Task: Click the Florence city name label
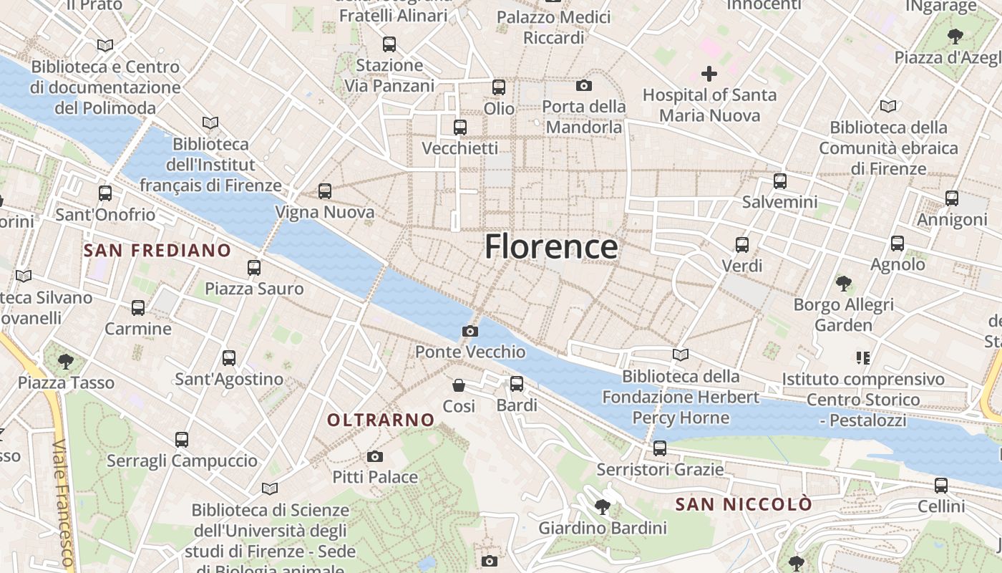coord(551,247)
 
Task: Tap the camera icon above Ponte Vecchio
coord(470,331)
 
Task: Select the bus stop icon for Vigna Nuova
coord(325,191)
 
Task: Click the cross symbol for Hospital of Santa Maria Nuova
coord(709,74)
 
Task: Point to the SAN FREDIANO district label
coord(157,251)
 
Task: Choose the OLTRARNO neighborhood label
coord(381,420)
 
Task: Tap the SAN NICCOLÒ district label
coord(744,504)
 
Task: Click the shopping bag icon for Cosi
coord(459,385)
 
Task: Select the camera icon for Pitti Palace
coord(374,456)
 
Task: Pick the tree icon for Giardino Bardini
coord(602,507)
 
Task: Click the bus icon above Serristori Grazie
coord(660,448)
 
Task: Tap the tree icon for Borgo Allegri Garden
coord(844,284)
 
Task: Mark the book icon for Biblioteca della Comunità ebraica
coord(888,107)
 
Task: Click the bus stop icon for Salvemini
coord(780,181)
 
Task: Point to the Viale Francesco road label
coord(64,501)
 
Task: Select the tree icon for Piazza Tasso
coord(66,362)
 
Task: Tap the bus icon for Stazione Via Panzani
coord(389,44)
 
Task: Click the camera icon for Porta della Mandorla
coord(584,86)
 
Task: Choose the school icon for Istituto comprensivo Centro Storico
coord(862,357)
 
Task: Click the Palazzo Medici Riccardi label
coord(554,27)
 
